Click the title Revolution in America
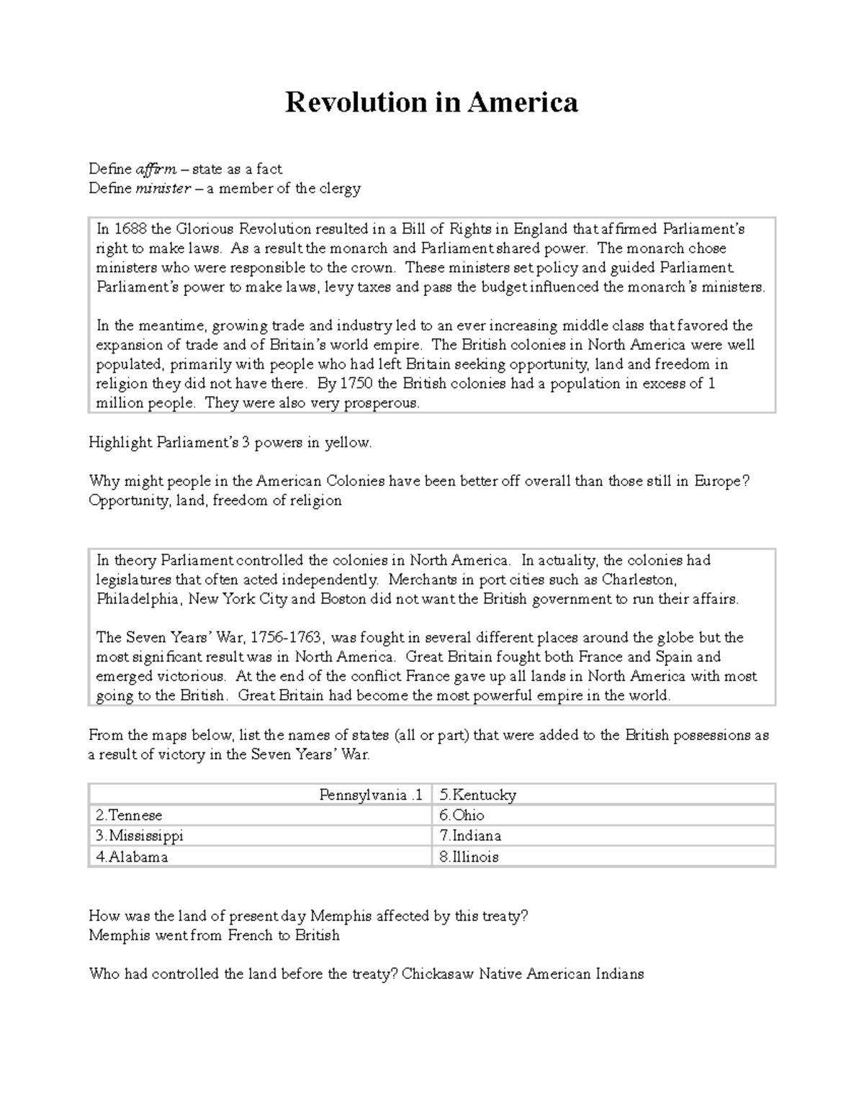click(431, 102)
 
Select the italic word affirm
click(156, 169)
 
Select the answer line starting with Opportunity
click(215, 500)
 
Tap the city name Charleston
click(639, 580)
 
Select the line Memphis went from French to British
click(214, 935)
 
